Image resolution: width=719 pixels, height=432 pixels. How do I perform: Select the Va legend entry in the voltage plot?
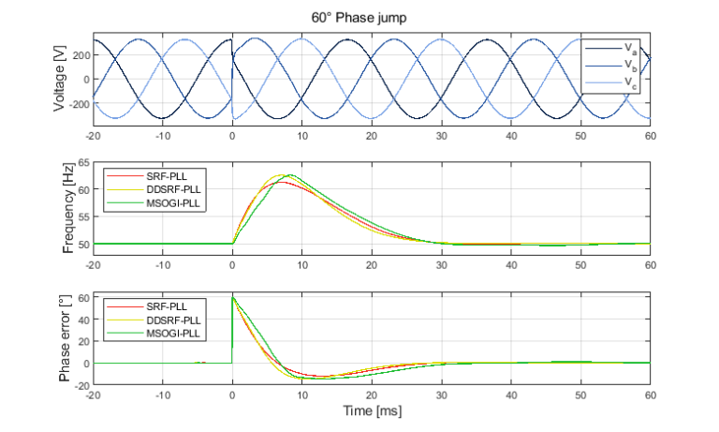click(x=626, y=47)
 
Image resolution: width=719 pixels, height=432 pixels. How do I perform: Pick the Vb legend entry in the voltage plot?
click(x=626, y=65)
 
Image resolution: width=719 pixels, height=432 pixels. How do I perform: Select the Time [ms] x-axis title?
click(x=371, y=409)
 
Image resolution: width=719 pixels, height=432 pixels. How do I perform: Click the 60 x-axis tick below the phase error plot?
click(x=649, y=394)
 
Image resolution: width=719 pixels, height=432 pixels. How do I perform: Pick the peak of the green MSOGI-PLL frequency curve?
click(x=290, y=175)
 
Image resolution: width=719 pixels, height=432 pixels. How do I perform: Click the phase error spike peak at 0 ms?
click(x=233, y=298)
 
